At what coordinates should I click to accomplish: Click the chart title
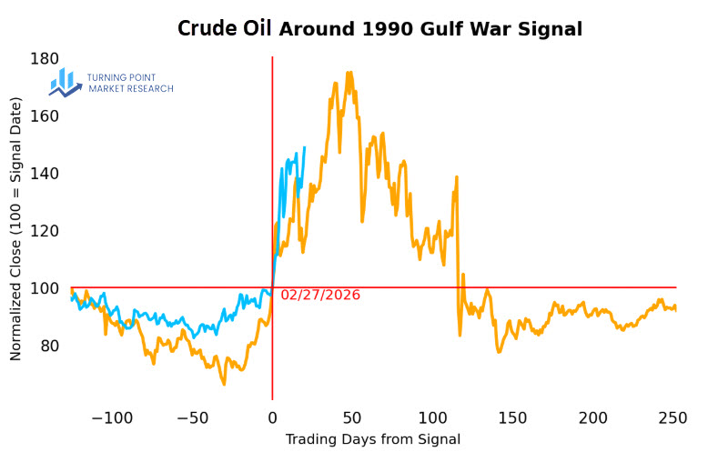[379, 29]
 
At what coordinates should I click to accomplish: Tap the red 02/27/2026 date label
[320, 296]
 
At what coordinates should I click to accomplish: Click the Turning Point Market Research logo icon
[66, 82]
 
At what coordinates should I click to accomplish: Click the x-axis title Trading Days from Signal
[373, 439]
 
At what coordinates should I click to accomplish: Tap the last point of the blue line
[304, 147]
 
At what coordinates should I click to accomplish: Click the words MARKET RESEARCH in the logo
[131, 89]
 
